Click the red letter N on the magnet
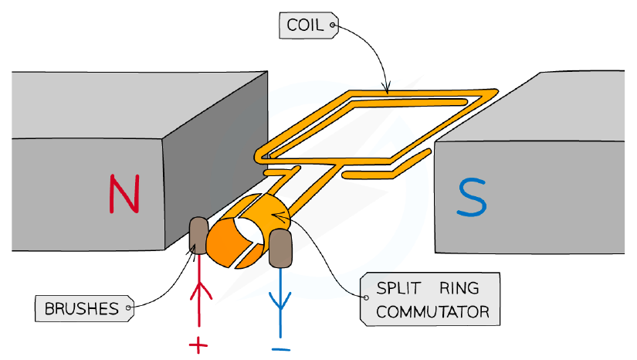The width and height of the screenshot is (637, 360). (x=125, y=194)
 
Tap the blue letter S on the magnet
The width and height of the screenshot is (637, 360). (x=472, y=197)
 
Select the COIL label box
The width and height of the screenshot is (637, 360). (x=309, y=25)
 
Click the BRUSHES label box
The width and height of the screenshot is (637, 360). (x=84, y=308)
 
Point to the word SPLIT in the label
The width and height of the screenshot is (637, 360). (x=398, y=288)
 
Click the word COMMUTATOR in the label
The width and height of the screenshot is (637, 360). (x=432, y=311)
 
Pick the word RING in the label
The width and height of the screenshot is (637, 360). (x=459, y=288)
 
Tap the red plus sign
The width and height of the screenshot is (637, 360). (x=198, y=346)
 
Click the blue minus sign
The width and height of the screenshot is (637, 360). (x=281, y=348)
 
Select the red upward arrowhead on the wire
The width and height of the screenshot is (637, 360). (x=201, y=291)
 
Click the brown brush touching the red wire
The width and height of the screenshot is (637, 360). (x=198, y=236)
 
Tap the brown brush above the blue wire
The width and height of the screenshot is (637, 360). (x=280, y=248)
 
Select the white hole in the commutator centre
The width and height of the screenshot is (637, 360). (x=249, y=231)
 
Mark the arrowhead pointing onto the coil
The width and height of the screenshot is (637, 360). (x=387, y=87)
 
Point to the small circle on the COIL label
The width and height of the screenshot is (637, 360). (x=332, y=25)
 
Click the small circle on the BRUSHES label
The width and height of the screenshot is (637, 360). (x=128, y=308)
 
